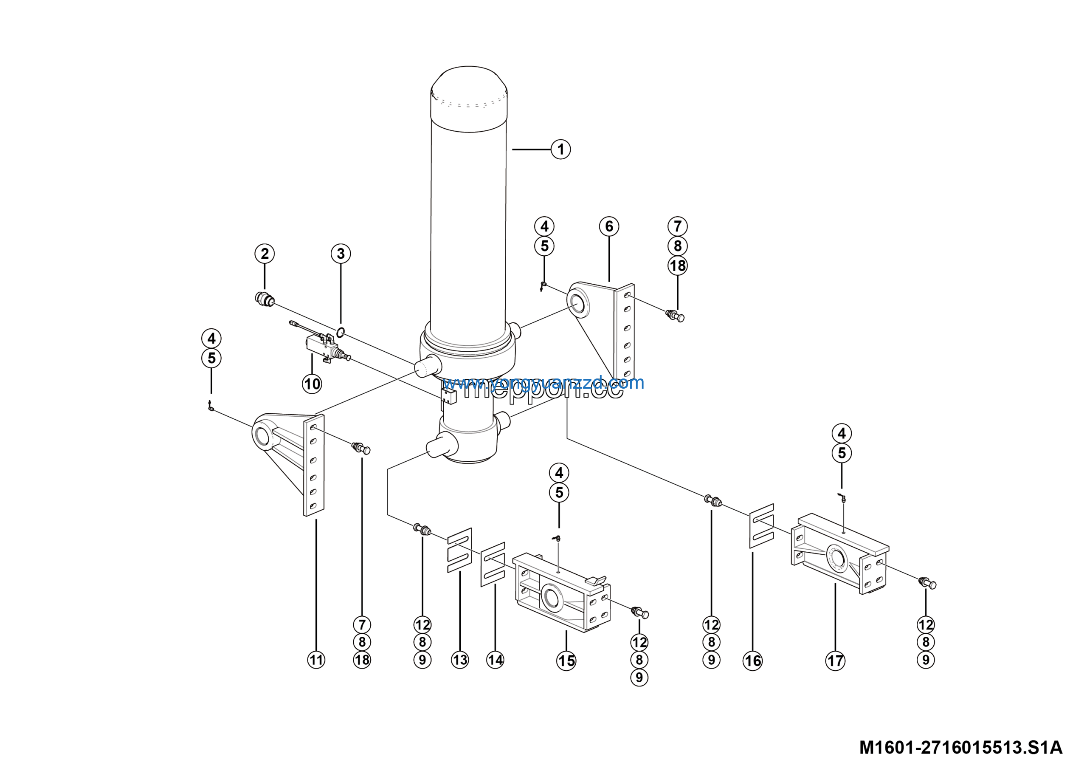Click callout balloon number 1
(560, 149)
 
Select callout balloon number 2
(265, 253)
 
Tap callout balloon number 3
(341, 253)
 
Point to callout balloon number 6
(609, 226)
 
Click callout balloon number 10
(312, 384)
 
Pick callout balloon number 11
(316, 660)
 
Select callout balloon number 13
(460, 660)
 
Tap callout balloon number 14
(495, 660)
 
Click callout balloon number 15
(566, 661)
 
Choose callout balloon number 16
(753, 661)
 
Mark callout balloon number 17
(835, 661)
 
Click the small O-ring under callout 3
(341, 333)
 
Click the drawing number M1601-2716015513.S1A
(960, 748)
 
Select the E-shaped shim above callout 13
(460, 550)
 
